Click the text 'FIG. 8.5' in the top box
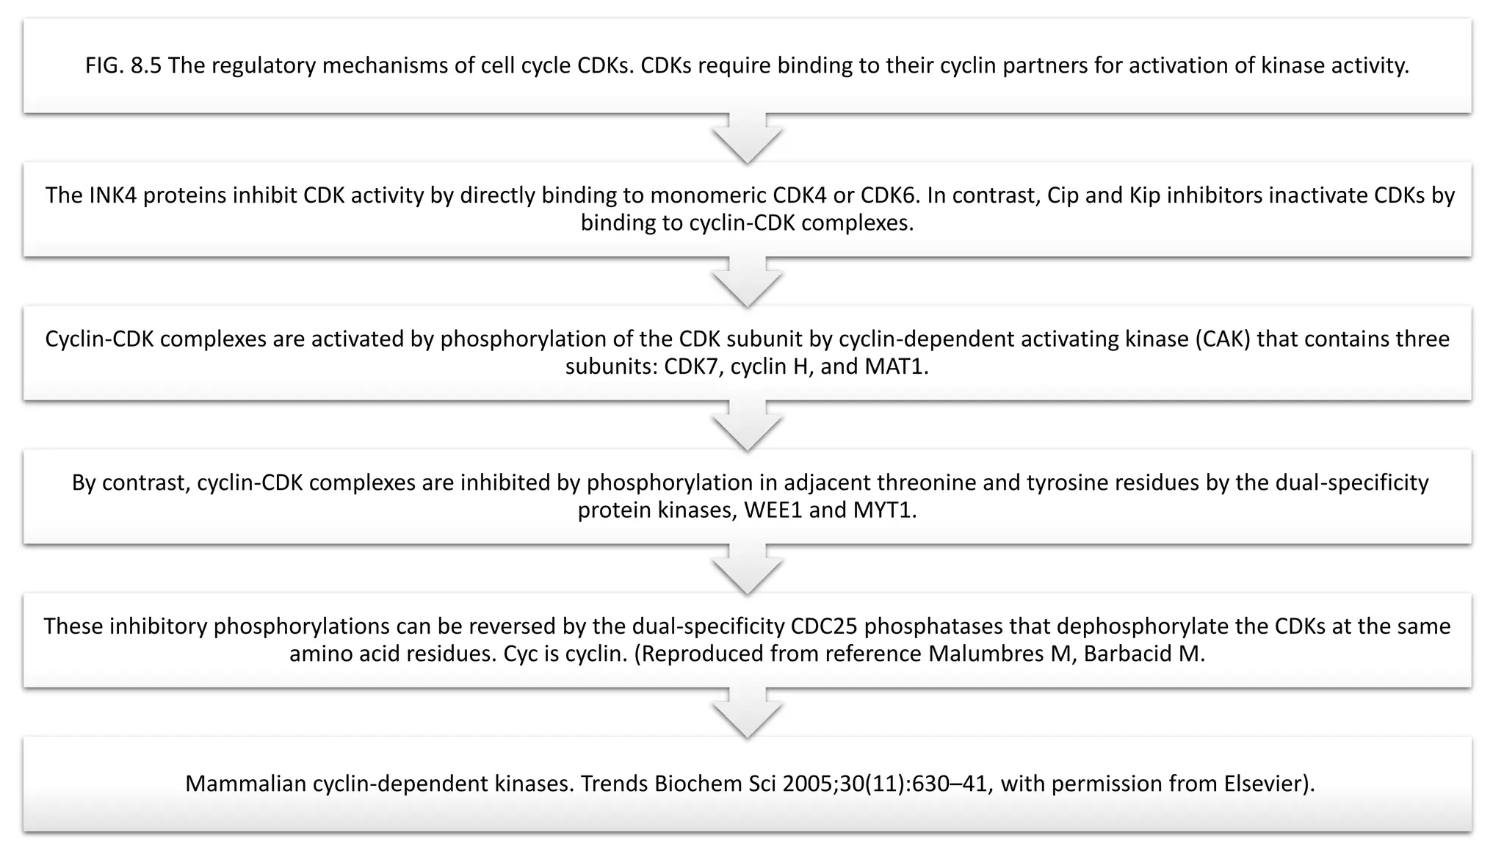click(123, 66)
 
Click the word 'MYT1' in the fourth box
click(884, 510)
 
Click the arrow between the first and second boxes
click(747, 140)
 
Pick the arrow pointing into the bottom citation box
click(747, 715)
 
